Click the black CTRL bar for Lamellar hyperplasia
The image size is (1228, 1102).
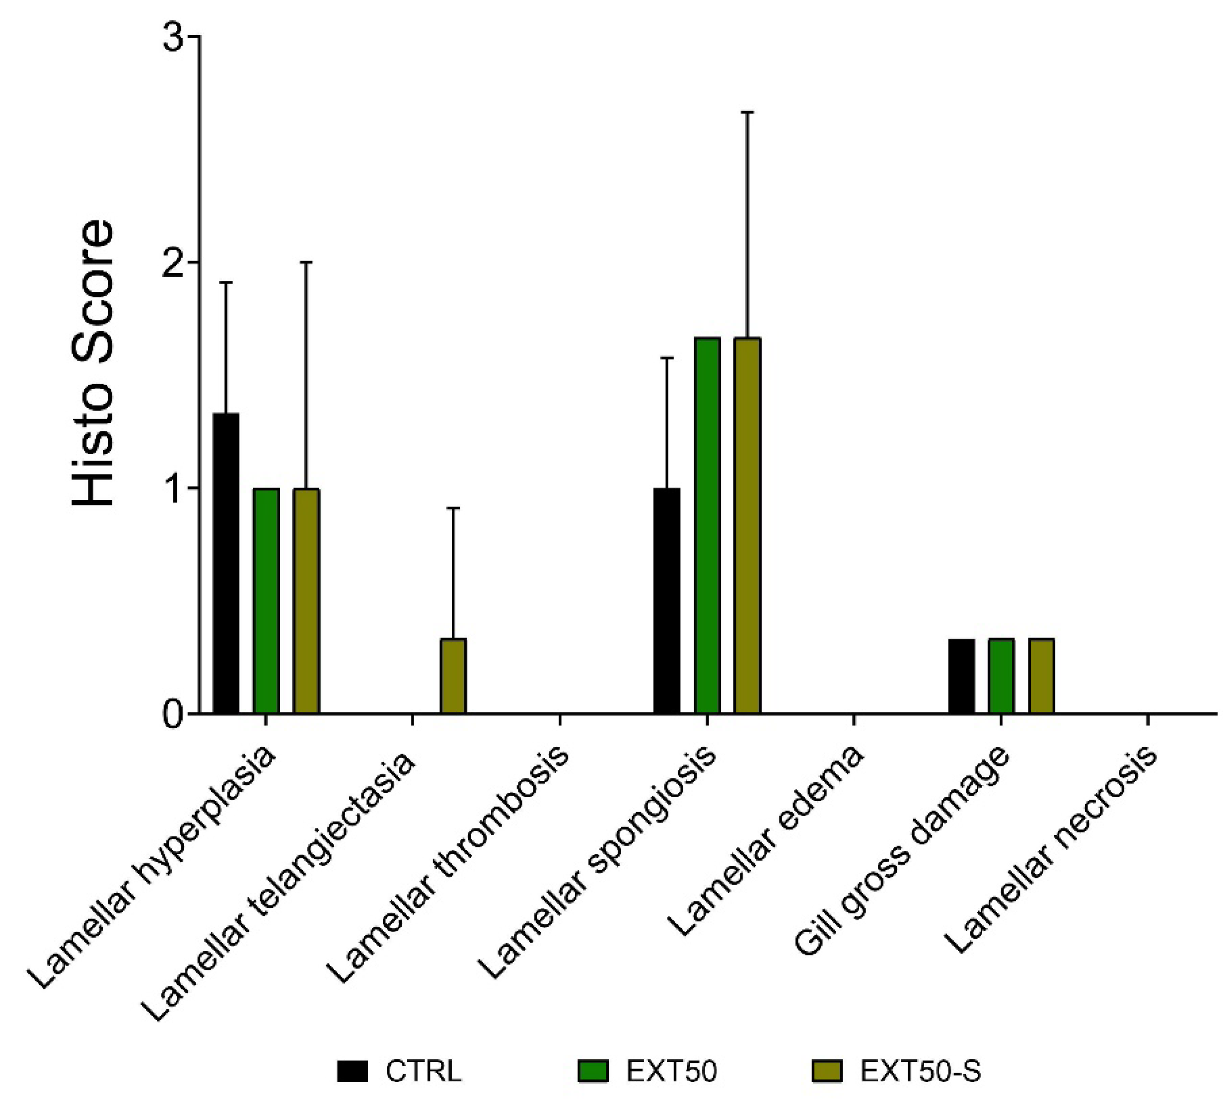(225, 563)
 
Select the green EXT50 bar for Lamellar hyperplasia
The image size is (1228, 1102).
(266, 601)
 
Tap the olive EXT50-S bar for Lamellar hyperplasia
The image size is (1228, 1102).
(306, 601)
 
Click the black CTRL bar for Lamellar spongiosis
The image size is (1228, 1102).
(666, 601)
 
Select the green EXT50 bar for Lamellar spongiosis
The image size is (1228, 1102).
(707, 526)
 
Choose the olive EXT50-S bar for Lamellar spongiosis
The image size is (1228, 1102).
(747, 526)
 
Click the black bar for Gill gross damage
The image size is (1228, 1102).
(961, 676)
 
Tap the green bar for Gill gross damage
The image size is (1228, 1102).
(1001, 676)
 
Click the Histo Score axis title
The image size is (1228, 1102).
(94, 363)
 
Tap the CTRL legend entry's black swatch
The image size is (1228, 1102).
(353, 1071)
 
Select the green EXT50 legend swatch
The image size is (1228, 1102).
(593, 1071)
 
